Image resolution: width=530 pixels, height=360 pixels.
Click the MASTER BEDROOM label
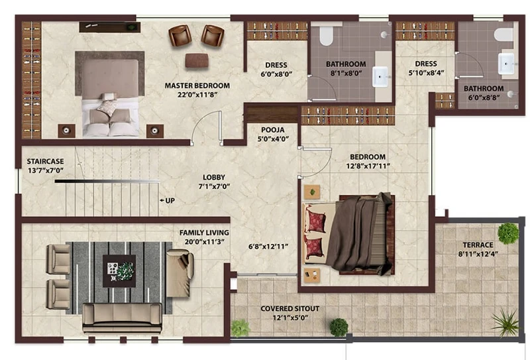coord(197,86)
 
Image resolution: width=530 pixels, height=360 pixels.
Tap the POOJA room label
coord(273,130)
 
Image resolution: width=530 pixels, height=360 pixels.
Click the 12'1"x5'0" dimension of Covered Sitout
coord(290,318)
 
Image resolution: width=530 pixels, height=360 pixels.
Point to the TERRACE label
coord(478,245)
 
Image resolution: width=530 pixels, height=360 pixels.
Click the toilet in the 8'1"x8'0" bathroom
coord(327,36)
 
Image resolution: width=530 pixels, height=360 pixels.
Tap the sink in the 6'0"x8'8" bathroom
coord(506,63)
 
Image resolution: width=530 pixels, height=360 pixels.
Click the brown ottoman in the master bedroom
coord(197,61)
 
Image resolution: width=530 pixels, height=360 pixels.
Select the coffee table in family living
coord(119,271)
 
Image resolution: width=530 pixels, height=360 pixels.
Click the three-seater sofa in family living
coord(123,318)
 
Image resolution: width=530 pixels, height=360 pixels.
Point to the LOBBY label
coord(214,177)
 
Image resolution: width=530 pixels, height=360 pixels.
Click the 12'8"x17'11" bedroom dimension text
coord(368,166)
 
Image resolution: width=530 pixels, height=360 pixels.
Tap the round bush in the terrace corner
coord(508,233)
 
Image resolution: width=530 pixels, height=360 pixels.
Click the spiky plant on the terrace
coord(506,323)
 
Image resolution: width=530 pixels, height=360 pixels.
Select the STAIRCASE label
coord(45,161)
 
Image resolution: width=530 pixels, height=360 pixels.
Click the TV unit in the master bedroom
coord(110,27)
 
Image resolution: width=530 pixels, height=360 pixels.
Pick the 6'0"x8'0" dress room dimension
coord(276,74)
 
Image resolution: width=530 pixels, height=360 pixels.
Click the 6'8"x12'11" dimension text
coord(268,247)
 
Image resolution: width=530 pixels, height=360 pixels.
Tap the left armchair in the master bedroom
coord(180,36)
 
